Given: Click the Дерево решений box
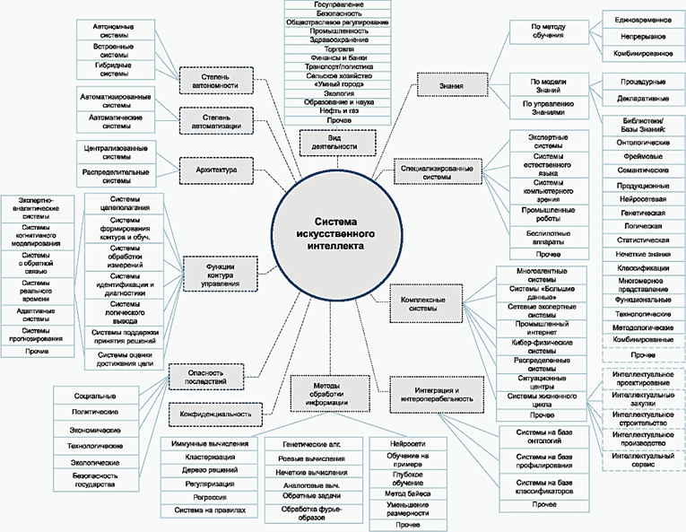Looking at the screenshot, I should pos(210,470).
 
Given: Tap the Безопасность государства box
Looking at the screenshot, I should pos(94,480).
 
